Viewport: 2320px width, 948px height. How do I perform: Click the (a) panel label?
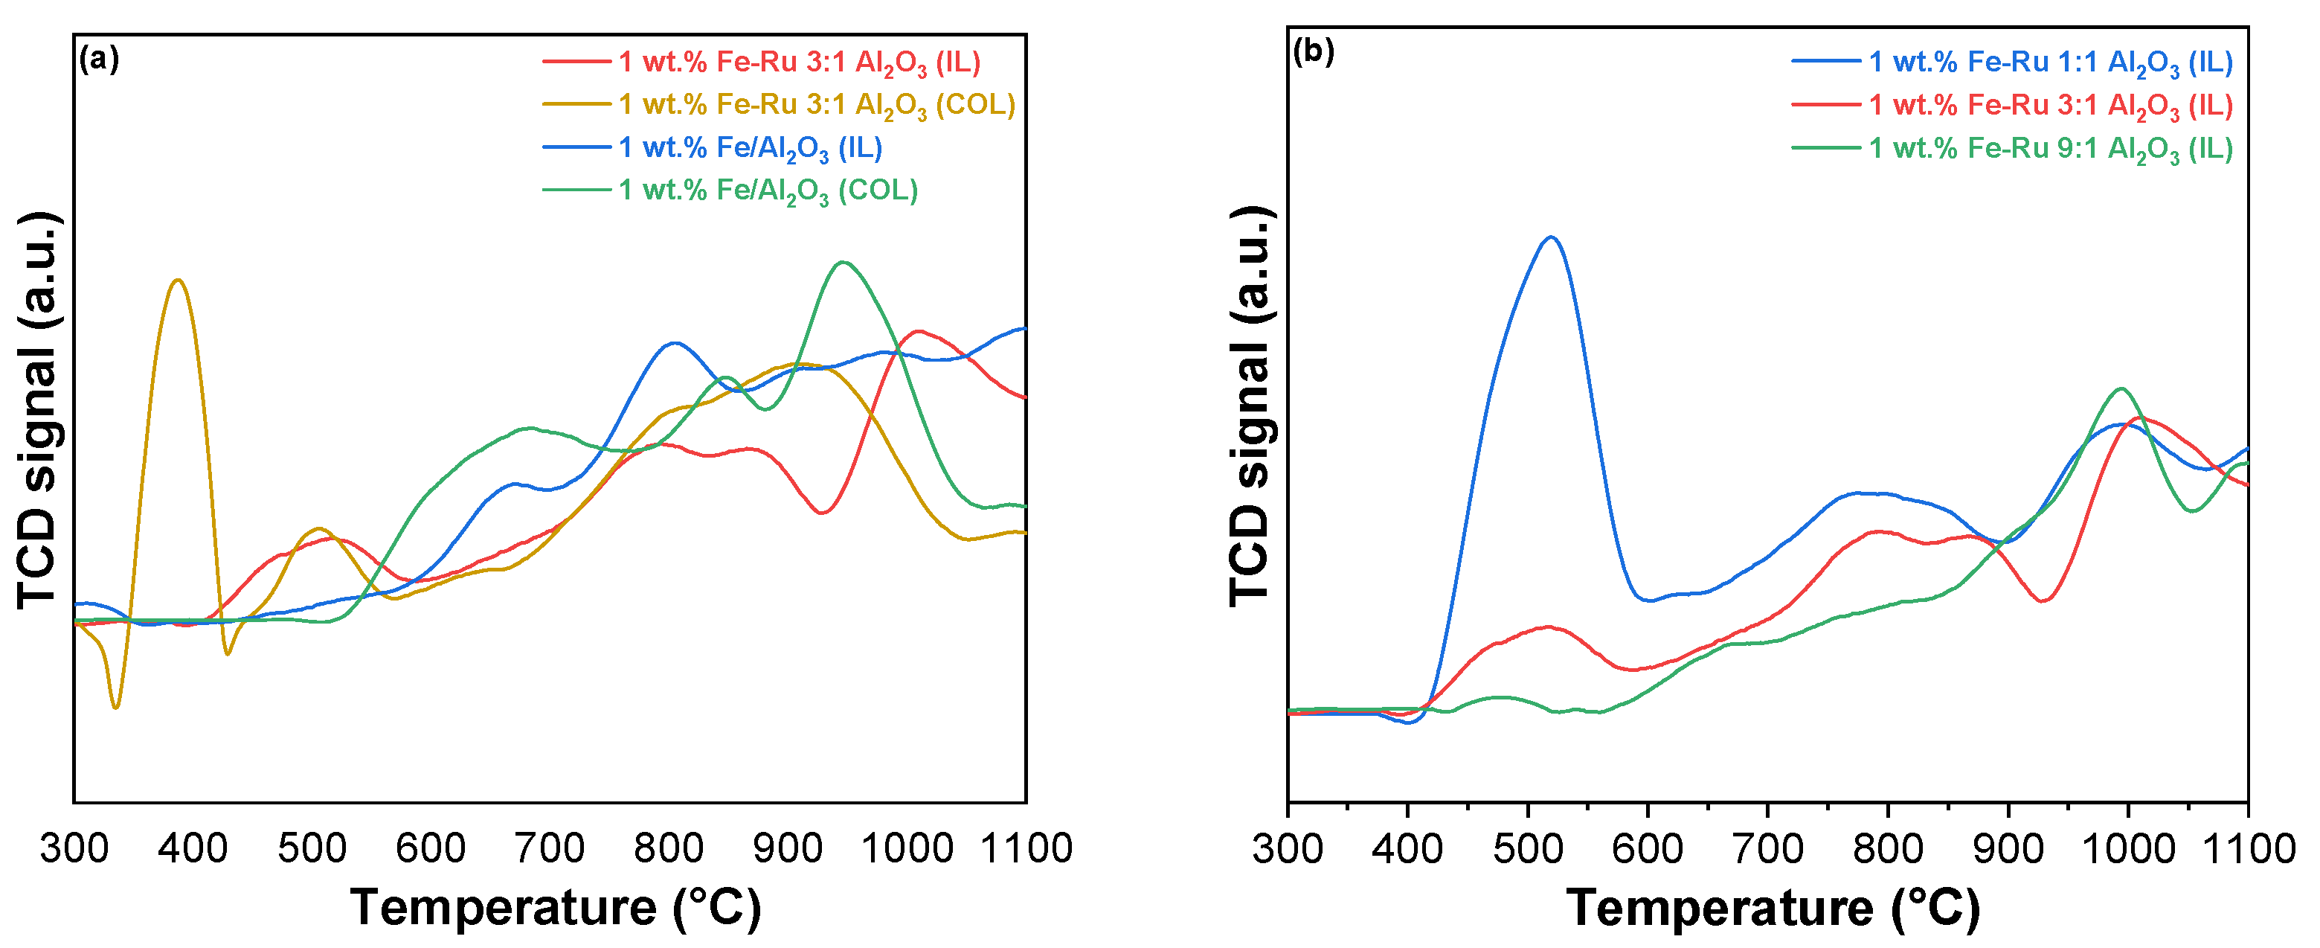tap(98, 60)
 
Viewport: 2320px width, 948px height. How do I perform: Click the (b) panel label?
tap(1312, 52)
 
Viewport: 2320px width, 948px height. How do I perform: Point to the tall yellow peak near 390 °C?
tap(178, 281)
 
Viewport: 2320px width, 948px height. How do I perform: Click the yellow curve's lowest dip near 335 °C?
tap(115, 706)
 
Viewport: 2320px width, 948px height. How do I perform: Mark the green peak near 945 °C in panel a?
tap(843, 262)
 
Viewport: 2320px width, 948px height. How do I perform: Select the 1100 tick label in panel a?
tap(1026, 849)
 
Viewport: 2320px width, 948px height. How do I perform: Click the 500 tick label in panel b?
tap(1528, 849)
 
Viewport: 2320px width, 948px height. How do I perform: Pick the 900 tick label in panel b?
tap(2008, 849)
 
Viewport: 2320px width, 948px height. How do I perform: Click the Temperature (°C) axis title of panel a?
tap(555, 908)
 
